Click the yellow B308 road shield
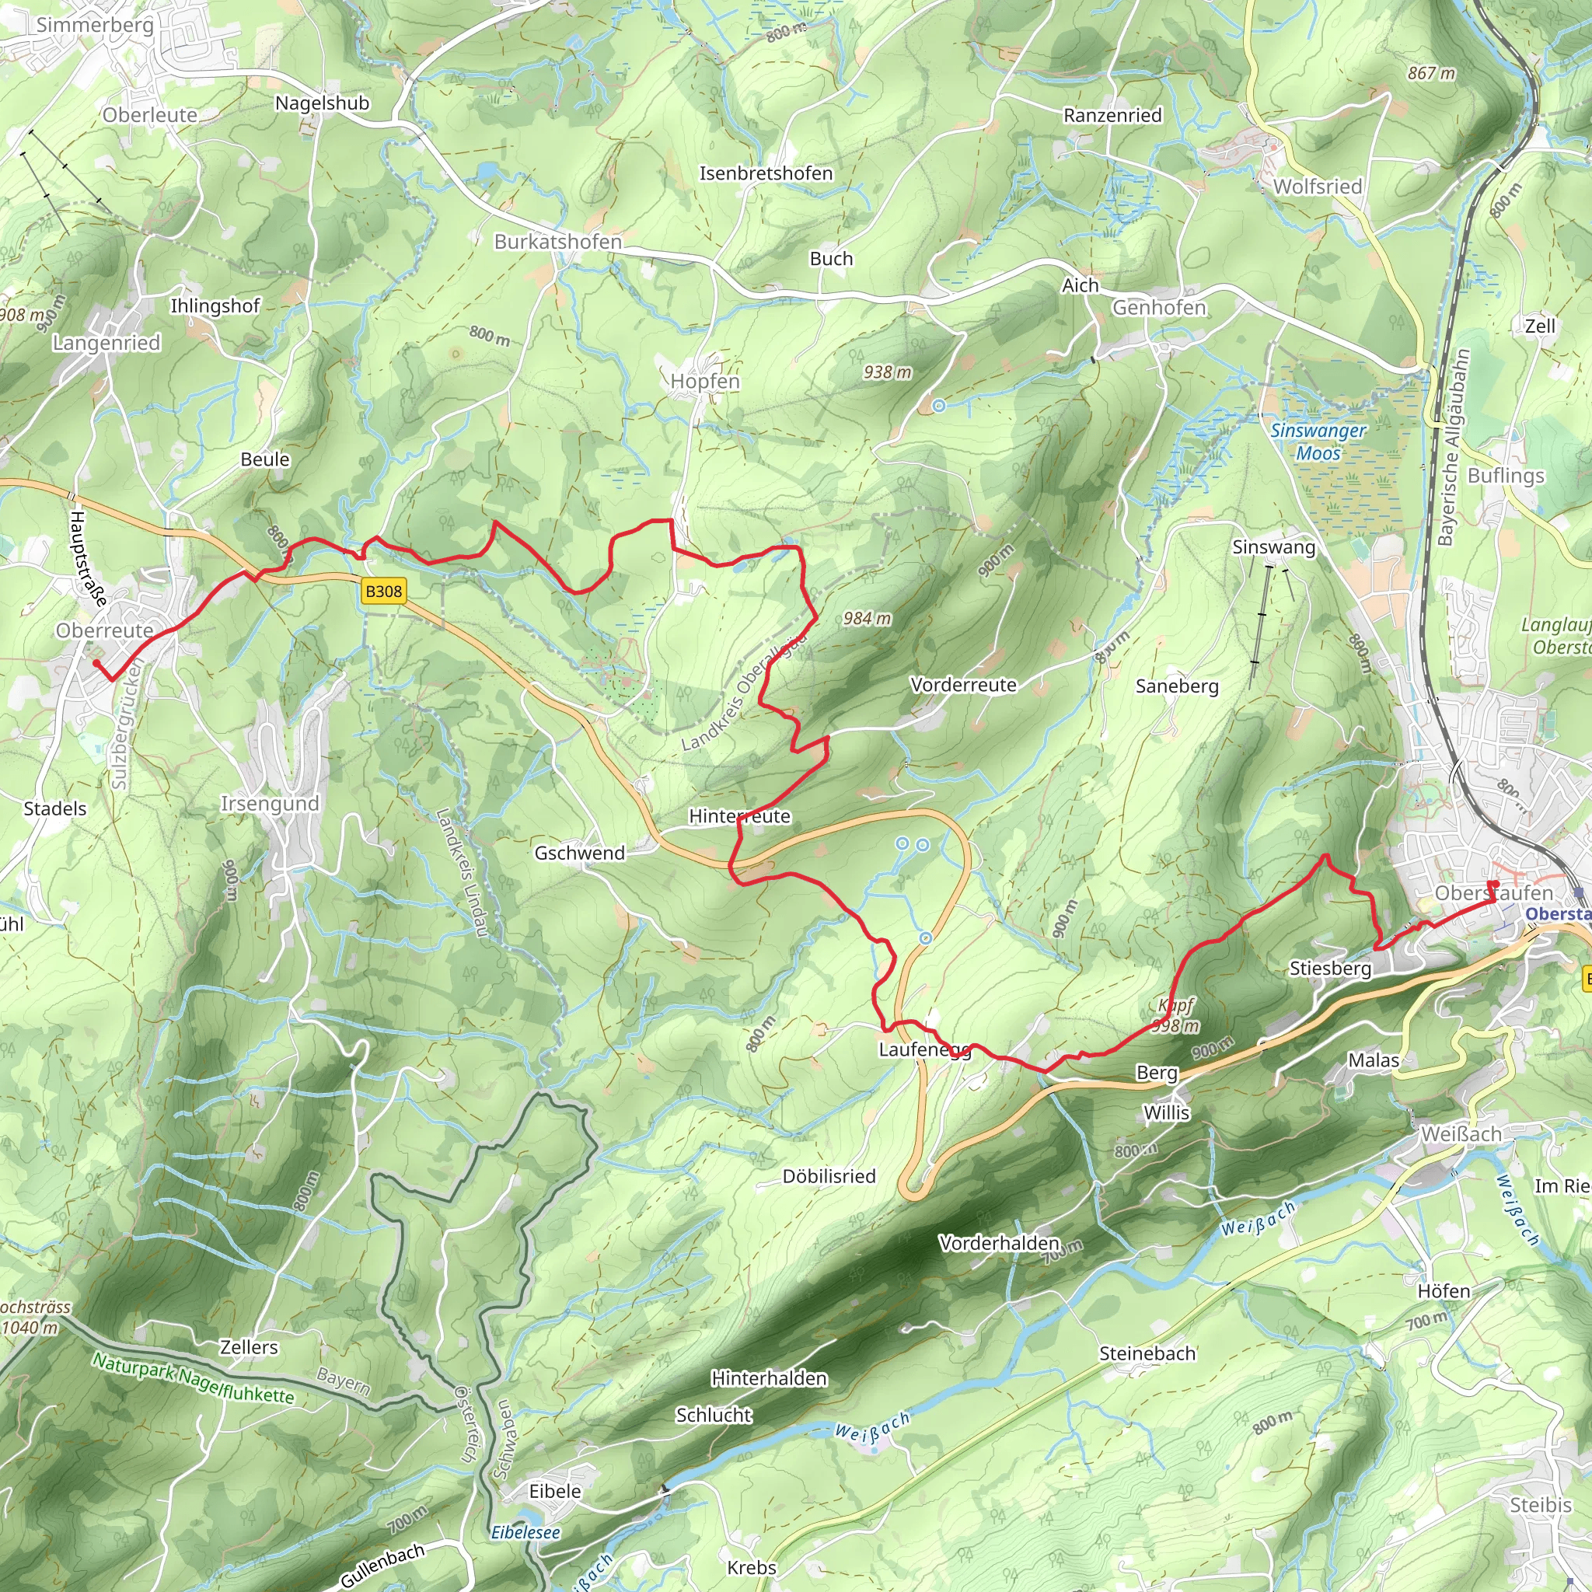383,591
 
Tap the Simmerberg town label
95,25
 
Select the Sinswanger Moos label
1318,442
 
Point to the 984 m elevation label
867,618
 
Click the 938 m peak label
888,372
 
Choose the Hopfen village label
704,382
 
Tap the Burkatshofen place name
558,242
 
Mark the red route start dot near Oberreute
96,662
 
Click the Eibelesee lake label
525,1532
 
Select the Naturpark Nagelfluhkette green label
193,1377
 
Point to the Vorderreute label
963,685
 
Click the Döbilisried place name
829,1176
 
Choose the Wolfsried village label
1318,187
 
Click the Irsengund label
270,804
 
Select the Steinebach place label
1147,1353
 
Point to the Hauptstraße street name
87,559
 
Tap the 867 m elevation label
1431,73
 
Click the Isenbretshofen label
766,173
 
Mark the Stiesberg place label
1330,969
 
